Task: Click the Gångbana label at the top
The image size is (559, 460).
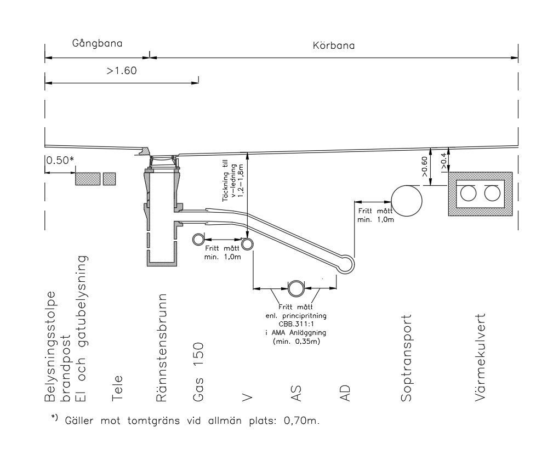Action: pyautogui.click(x=97, y=43)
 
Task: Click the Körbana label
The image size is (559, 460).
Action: pyautogui.click(x=334, y=46)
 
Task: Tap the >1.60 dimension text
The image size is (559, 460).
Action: pyautogui.click(x=122, y=71)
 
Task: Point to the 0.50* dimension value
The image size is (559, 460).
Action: pyautogui.click(x=60, y=160)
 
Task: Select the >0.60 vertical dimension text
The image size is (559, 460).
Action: pyautogui.click(x=424, y=167)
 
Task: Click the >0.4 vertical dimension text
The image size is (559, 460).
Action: pyautogui.click(x=443, y=161)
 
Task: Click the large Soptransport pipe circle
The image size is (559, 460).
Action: pyautogui.click(x=407, y=201)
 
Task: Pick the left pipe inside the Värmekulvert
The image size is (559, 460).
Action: pyautogui.click(x=468, y=194)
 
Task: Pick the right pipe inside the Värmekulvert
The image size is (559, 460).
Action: pyautogui.click(x=492, y=194)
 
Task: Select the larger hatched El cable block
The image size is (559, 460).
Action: pyautogui.click(x=88, y=179)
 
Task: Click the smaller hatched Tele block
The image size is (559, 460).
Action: pyautogui.click(x=110, y=179)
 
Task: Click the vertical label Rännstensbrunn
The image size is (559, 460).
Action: pyautogui.click(x=162, y=348)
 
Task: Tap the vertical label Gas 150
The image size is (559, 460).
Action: pyautogui.click(x=198, y=372)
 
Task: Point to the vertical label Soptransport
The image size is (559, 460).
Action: pyautogui.click(x=406, y=358)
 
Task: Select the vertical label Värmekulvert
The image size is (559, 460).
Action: pyautogui.click(x=480, y=357)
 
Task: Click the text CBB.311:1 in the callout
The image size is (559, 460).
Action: pyautogui.click(x=296, y=324)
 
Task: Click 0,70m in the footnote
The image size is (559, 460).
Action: pyautogui.click(x=301, y=421)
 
